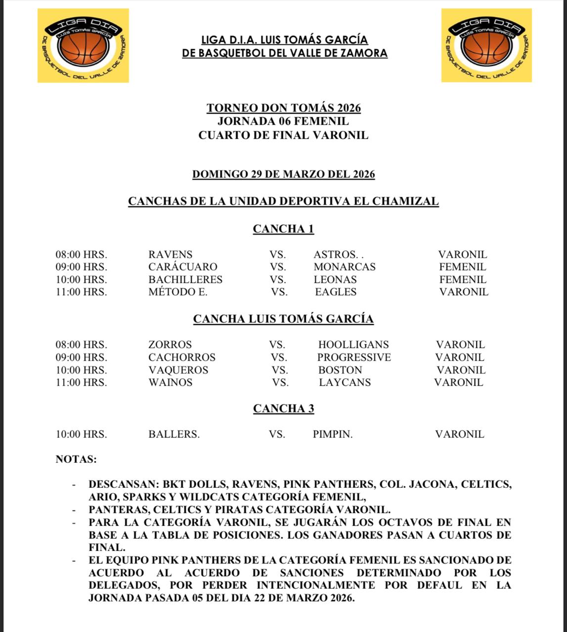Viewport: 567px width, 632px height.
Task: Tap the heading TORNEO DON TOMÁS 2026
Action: coord(283,108)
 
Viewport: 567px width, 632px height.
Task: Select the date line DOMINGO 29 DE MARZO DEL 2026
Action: coord(283,174)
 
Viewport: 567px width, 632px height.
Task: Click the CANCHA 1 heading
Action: coord(283,229)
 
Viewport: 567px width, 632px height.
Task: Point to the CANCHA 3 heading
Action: coord(283,409)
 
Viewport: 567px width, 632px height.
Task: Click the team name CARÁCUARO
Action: coord(182,267)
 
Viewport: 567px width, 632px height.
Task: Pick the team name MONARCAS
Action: coord(344,267)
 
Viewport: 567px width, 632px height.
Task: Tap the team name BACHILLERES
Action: coord(185,279)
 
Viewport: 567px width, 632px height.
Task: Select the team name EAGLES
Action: coord(336,292)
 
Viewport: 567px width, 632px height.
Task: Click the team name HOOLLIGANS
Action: coord(353,345)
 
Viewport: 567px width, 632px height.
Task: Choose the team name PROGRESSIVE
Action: coord(354,357)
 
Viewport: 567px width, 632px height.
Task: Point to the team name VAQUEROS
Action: coord(178,370)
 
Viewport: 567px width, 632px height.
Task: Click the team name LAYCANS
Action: coord(345,382)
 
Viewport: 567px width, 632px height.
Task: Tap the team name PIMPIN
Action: coord(332,434)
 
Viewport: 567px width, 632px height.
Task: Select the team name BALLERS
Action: coord(174,434)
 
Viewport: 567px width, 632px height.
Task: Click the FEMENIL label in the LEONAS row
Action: coord(463,279)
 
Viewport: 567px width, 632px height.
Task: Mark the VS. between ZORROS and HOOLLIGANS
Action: coord(277,345)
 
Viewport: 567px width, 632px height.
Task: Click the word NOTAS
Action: coord(76,460)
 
